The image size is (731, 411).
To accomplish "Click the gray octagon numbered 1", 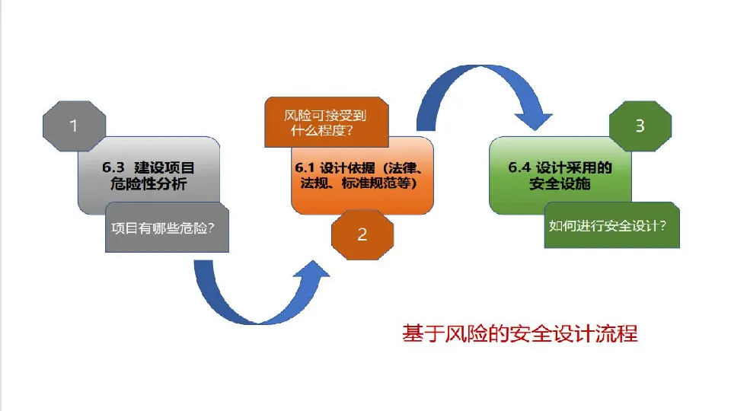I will pos(74,125).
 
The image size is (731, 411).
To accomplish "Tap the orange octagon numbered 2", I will pos(362,234).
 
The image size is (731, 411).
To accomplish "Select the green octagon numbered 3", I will pos(640,125).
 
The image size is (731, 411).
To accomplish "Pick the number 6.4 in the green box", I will pos(520,167).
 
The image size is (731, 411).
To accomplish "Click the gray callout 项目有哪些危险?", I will pos(167,228).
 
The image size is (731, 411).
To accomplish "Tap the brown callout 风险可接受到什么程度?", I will pos(325,122).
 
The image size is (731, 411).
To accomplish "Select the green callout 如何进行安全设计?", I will pos(611,226).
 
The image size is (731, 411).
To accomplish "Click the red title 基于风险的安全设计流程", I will pos(519,333).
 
